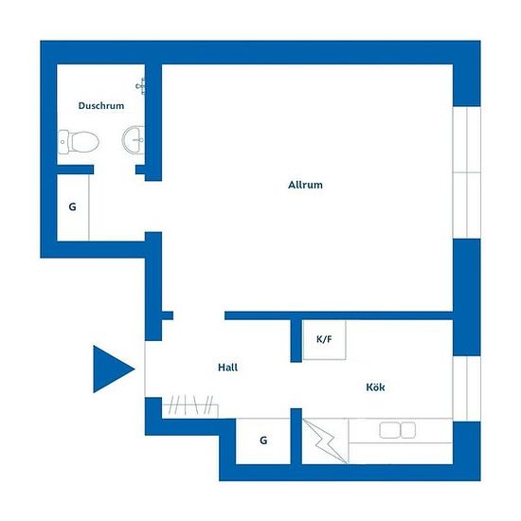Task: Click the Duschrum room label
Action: click(101, 106)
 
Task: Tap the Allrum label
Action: click(305, 185)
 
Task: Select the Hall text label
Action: click(228, 368)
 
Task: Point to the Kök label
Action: click(375, 386)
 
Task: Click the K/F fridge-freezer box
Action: click(324, 339)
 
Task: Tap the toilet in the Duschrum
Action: click(79, 142)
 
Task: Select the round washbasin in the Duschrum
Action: click(134, 140)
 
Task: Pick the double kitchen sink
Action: click(398, 430)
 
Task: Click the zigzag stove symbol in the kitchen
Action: click(324, 440)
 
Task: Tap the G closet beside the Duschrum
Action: click(73, 207)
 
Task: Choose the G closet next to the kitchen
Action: click(263, 440)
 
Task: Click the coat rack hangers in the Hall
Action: click(190, 405)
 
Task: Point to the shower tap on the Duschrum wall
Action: click(140, 86)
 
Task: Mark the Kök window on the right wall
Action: click(467, 388)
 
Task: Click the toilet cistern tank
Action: click(63, 142)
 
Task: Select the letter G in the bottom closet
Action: click(263, 440)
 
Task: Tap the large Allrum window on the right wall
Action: click(467, 172)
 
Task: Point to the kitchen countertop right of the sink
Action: click(434, 430)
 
